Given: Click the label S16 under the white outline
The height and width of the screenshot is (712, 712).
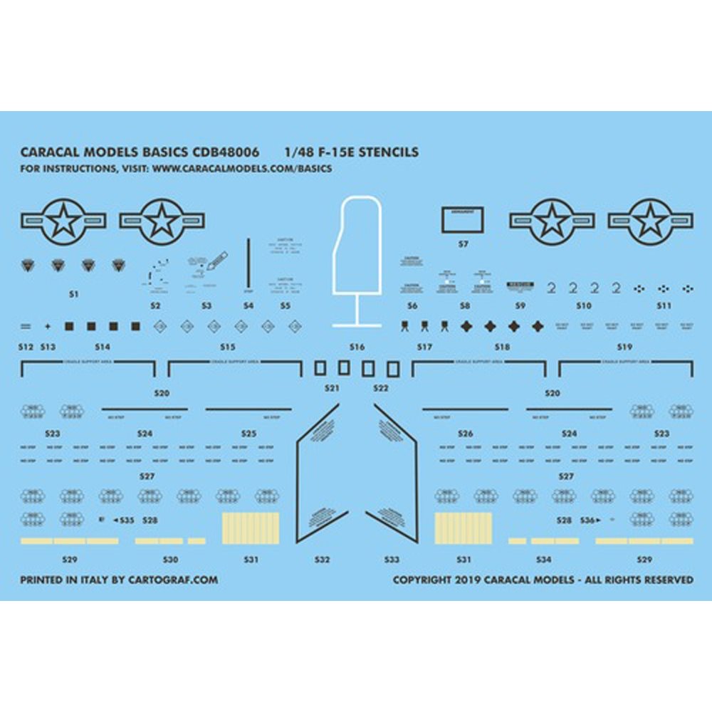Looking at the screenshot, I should (x=357, y=347).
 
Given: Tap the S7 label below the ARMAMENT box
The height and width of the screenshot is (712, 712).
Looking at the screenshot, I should (x=464, y=244).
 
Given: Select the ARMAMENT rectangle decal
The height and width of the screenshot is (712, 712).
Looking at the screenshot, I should (x=463, y=220).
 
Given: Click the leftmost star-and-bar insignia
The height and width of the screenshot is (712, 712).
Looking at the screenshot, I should (x=63, y=221).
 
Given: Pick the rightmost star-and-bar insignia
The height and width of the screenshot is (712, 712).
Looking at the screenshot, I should (x=649, y=221).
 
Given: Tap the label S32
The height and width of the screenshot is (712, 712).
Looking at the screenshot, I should (x=322, y=560).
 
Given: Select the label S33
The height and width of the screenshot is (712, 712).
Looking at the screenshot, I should (x=392, y=560).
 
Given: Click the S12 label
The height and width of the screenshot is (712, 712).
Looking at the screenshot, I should (x=26, y=347).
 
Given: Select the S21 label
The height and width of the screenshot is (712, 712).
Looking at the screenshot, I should (x=331, y=389).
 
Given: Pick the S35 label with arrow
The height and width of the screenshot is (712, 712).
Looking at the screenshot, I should (x=126, y=521).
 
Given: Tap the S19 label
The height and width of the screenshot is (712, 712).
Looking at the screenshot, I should (x=624, y=347).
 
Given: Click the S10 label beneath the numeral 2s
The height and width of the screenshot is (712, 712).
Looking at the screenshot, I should (x=584, y=305).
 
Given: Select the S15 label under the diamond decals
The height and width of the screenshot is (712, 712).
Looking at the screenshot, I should (x=227, y=347).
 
